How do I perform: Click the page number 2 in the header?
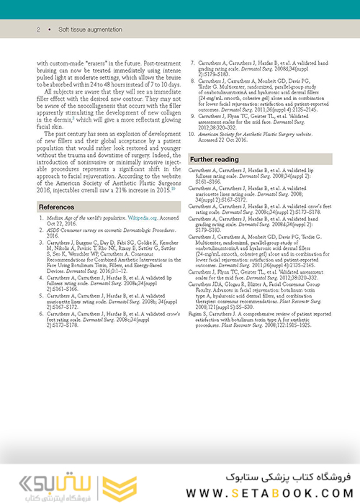[x=37, y=30]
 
